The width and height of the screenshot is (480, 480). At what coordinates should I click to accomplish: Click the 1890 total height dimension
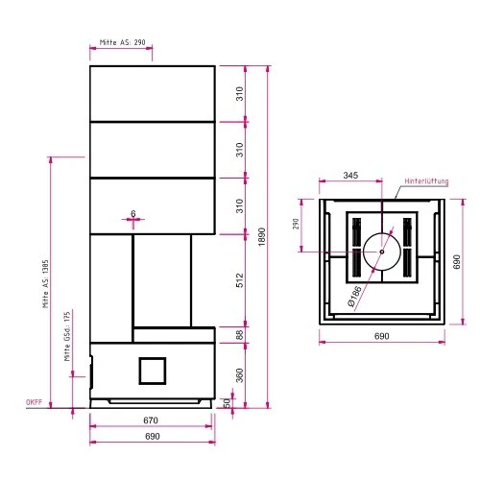coord(262,237)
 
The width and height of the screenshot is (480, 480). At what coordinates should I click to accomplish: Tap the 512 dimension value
coord(240,280)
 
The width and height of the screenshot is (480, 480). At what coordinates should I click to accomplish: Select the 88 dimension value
coord(240,335)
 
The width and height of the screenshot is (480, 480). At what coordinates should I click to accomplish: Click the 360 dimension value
coord(240,375)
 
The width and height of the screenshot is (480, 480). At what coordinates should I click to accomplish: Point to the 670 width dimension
coord(151,420)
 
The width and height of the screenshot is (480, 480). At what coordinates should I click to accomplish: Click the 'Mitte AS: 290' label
coord(122,42)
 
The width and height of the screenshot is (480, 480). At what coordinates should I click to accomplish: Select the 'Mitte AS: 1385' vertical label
coord(45,284)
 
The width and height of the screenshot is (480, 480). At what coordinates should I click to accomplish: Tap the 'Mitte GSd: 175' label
coord(67,337)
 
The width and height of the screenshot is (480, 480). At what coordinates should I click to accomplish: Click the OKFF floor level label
coord(34,402)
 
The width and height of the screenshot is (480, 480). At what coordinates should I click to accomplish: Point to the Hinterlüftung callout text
coord(426,181)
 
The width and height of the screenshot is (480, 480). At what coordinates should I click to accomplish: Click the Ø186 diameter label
coord(354,296)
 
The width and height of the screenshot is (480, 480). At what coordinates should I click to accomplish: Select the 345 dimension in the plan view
coord(350,176)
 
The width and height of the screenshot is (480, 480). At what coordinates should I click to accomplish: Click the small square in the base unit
coord(153,371)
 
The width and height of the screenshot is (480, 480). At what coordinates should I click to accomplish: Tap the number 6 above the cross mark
coord(133,213)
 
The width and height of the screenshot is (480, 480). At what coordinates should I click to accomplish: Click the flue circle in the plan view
coord(382,233)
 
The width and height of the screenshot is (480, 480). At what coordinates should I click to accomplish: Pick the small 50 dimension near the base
coord(227,402)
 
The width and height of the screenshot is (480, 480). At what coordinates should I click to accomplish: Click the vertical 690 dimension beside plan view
coord(457,262)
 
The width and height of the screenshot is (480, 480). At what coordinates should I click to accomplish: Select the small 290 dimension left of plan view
coord(296,224)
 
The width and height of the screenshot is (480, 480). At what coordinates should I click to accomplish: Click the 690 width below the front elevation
coord(153,436)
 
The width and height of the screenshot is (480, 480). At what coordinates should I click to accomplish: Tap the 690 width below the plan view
coord(382,336)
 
